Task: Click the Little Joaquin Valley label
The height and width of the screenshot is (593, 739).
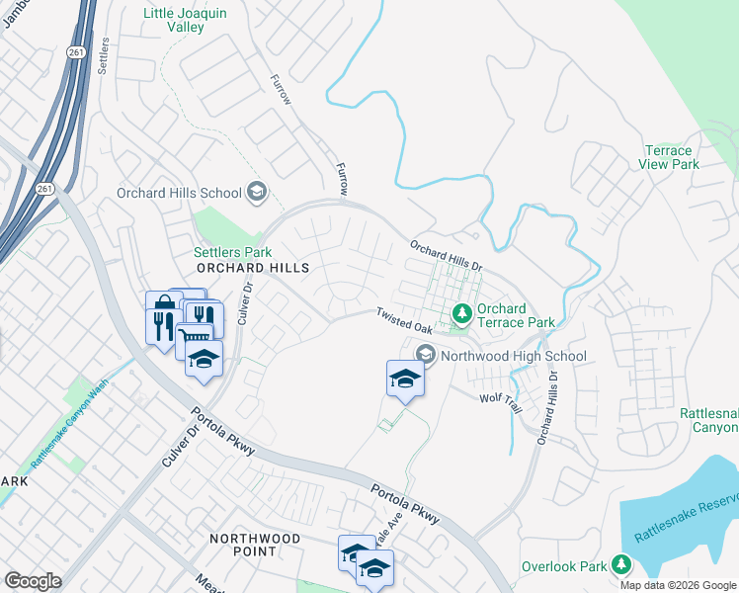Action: coord(187,20)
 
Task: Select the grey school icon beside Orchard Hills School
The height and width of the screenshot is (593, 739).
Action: coord(257,192)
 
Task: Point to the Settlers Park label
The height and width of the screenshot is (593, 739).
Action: coord(232,253)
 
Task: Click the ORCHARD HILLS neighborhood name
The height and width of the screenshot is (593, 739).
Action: coord(253,269)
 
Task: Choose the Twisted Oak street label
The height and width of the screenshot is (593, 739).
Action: coord(403,320)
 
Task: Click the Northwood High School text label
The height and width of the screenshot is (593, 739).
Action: coord(514,356)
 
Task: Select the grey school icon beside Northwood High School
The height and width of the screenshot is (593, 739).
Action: coord(426,354)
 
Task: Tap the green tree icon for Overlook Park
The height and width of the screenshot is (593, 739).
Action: coord(621,564)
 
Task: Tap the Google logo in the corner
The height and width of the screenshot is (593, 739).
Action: coord(33,581)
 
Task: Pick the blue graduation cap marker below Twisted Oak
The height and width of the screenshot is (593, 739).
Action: coord(405,379)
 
